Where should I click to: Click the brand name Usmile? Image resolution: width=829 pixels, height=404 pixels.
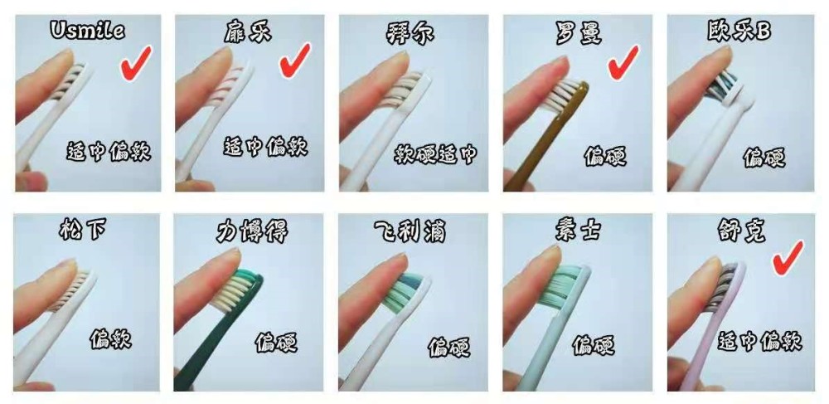[x=87, y=32]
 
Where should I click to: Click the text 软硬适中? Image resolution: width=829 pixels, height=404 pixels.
[x=434, y=153]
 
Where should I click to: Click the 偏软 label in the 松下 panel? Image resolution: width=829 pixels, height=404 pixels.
[x=111, y=339]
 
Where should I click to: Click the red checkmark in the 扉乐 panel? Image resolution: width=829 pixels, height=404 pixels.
[x=295, y=61]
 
